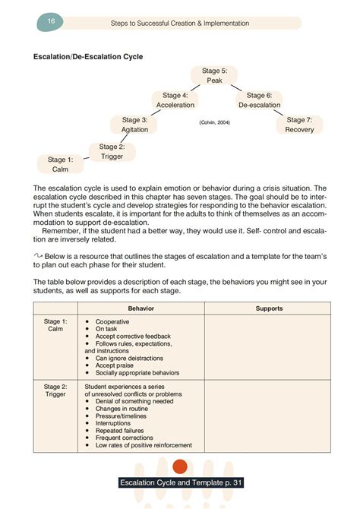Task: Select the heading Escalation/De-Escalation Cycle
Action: (x=88, y=56)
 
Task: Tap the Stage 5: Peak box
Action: (x=214, y=75)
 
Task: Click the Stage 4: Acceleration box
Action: (x=175, y=100)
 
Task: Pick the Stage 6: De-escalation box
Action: (x=259, y=100)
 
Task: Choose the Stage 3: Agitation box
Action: (x=135, y=125)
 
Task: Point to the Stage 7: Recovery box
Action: (x=299, y=125)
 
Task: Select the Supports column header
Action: (x=269, y=308)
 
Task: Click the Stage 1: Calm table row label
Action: (x=58, y=324)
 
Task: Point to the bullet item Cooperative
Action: (x=112, y=321)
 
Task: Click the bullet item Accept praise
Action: (x=115, y=365)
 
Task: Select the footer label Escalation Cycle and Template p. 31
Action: (x=180, y=483)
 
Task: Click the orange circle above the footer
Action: (x=180, y=466)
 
